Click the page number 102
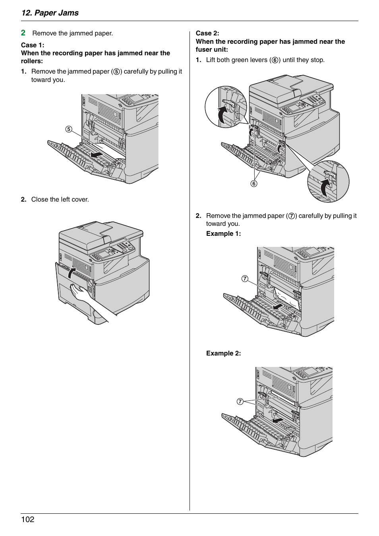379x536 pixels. click(28, 519)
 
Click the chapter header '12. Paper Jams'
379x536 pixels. click(50, 13)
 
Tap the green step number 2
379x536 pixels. click(23, 33)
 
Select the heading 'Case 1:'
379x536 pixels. click(33, 45)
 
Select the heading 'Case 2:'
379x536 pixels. click(207, 33)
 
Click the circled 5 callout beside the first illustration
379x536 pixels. click(69, 129)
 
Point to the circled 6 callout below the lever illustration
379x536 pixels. click(254, 183)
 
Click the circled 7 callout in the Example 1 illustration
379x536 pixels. click(245, 279)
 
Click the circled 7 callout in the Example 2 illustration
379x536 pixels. click(240, 402)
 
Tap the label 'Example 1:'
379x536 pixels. click(223, 233)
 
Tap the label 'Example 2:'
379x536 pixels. click(223, 353)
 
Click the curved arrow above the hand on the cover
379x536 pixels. click(72, 273)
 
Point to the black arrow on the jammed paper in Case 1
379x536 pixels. click(97, 154)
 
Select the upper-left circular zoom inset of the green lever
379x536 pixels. click(226, 107)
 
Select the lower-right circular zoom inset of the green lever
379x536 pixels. click(328, 181)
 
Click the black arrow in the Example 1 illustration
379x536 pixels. click(278, 307)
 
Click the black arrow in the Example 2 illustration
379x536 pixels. click(277, 420)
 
